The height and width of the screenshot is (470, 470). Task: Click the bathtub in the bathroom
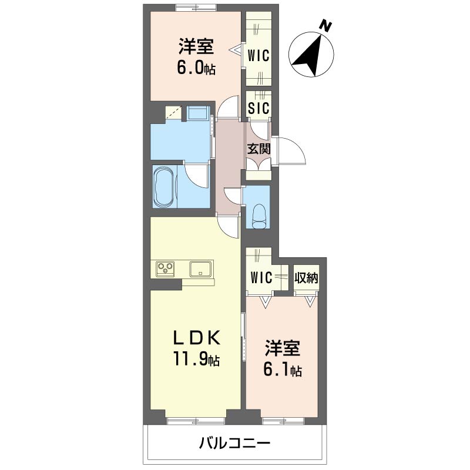tap(163, 186)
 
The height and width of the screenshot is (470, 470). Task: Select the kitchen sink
tap(200, 268)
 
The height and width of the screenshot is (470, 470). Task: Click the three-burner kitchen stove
tap(165, 268)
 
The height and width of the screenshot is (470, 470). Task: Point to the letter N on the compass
tap(325, 25)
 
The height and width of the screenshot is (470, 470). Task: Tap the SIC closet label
tap(259, 108)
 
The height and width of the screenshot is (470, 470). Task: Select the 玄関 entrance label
tap(259, 149)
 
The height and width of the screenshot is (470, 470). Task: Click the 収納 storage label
tap(306, 278)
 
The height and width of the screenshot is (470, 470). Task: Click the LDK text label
tap(197, 338)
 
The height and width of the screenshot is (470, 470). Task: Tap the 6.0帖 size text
tap(196, 68)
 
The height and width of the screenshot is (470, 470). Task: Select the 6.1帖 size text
tap(283, 371)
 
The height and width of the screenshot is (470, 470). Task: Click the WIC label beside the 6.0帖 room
tap(259, 56)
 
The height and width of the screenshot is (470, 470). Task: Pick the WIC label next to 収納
tap(261, 277)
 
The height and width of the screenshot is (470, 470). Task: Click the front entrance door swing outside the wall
tap(291, 151)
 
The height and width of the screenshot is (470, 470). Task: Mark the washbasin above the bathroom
tap(197, 113)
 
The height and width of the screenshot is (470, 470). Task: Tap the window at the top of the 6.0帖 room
tap(196, 8)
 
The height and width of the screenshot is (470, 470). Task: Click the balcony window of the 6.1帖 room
tap(283, 421)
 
